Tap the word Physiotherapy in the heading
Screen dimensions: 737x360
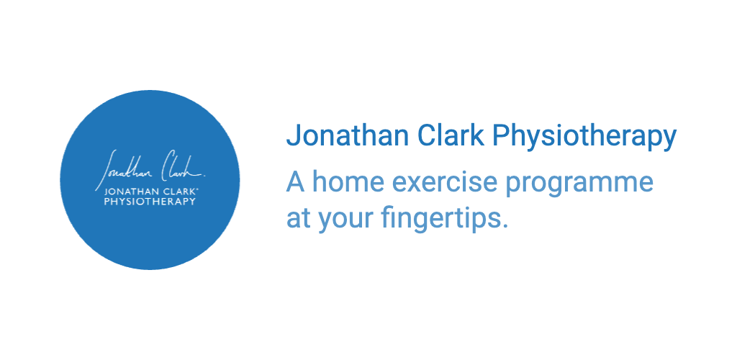coord(584,138)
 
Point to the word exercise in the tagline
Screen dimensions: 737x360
coord(444,181)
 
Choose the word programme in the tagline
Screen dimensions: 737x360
coord(579,184)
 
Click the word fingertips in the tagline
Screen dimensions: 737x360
coord(440,219)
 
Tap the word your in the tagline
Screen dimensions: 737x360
coord(345,222)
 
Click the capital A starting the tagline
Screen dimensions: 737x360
coord(295,181)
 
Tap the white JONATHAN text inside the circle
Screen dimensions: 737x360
coord(132,193)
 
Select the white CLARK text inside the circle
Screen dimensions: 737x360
coord(178,193)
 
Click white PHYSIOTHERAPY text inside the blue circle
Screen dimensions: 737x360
coord(150,202)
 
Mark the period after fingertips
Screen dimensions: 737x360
coord(505,228)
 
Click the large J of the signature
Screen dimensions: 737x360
coord(107,170)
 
